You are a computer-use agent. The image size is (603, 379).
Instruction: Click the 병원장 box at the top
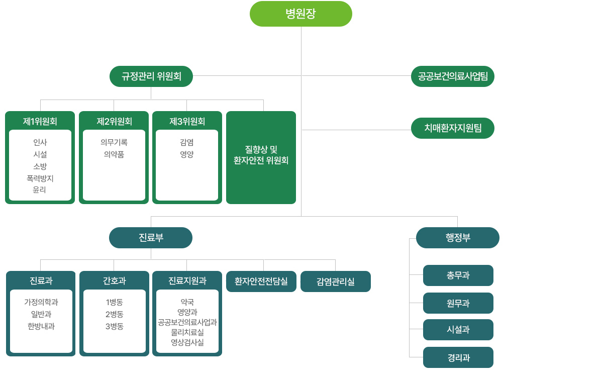tap(300, 14)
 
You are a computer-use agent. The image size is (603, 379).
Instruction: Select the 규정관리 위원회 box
tap(151, 76)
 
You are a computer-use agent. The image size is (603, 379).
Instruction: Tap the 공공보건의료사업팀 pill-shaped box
tap(453, 76)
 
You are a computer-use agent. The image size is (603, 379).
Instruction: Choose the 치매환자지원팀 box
tap(453, 128)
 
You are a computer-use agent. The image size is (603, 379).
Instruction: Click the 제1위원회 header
tap(40, 121)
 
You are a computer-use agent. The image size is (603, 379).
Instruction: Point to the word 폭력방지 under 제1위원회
tap(40, 178)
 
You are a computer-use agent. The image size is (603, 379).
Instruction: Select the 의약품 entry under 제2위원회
tap(114, 154)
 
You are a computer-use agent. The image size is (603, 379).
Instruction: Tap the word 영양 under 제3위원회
tap(187, 154)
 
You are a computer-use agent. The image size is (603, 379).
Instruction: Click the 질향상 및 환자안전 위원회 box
tap(261, 157)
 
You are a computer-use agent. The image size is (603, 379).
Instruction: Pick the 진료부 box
tap(151, 238)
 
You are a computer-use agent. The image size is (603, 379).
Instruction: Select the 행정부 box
tap(458, 238)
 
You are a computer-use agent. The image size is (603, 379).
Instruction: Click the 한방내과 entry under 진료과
tap(41, 326)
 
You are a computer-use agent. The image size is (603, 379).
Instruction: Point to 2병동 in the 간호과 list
tap(115, 314)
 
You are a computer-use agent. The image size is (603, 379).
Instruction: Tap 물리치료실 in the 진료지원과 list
tap(187, 332)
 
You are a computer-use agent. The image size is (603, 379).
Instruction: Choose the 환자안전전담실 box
tap(261, 281)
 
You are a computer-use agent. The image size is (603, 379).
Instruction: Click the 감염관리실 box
tap(336, 281)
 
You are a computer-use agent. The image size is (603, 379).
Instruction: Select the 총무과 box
tap(458, 275)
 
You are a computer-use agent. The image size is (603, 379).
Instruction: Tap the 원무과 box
tap(458, 303)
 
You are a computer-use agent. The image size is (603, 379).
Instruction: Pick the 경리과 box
tap(458, 357)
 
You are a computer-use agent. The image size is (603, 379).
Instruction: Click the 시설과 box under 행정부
tap(458, 330)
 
